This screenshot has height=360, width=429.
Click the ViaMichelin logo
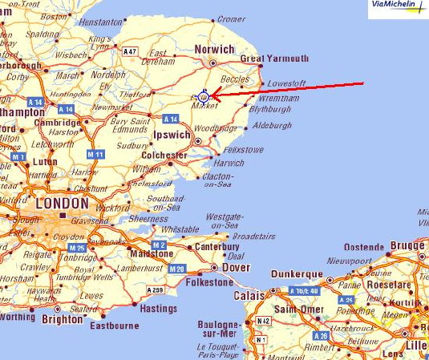click(x=398, y=8)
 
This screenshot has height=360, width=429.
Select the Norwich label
click(x=215, y=50)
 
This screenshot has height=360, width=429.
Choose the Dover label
click(x=236, y=267)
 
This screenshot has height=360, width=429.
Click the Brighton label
click(x=63, y=318)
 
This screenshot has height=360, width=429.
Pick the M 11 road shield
click(x=95, y=154)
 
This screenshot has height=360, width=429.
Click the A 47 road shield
click(x=129, y=51)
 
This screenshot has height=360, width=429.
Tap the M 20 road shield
click(x=177, y=268)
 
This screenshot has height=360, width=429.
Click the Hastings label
click(x=157, y=307)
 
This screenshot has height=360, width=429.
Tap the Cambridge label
click(x=57, y=123)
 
